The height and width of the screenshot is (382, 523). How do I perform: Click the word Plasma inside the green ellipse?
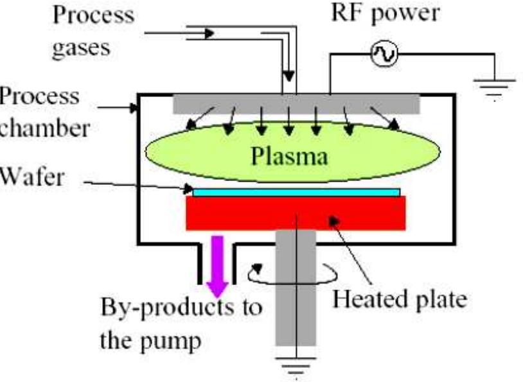pyautogui.click(x=293, y=155)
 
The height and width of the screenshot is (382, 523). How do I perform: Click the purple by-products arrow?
pyautogui.click(x=217, y=261)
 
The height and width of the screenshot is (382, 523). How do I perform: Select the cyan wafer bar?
pyautogui.click(x=296, y=191)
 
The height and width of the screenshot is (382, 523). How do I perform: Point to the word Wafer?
pyautogui.click(x=32, y=175)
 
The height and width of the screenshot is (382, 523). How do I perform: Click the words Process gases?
pyautogui.click(x=93, y=28)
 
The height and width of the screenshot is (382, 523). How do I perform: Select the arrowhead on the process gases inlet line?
pyautogui.click(x=207, y=33)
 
